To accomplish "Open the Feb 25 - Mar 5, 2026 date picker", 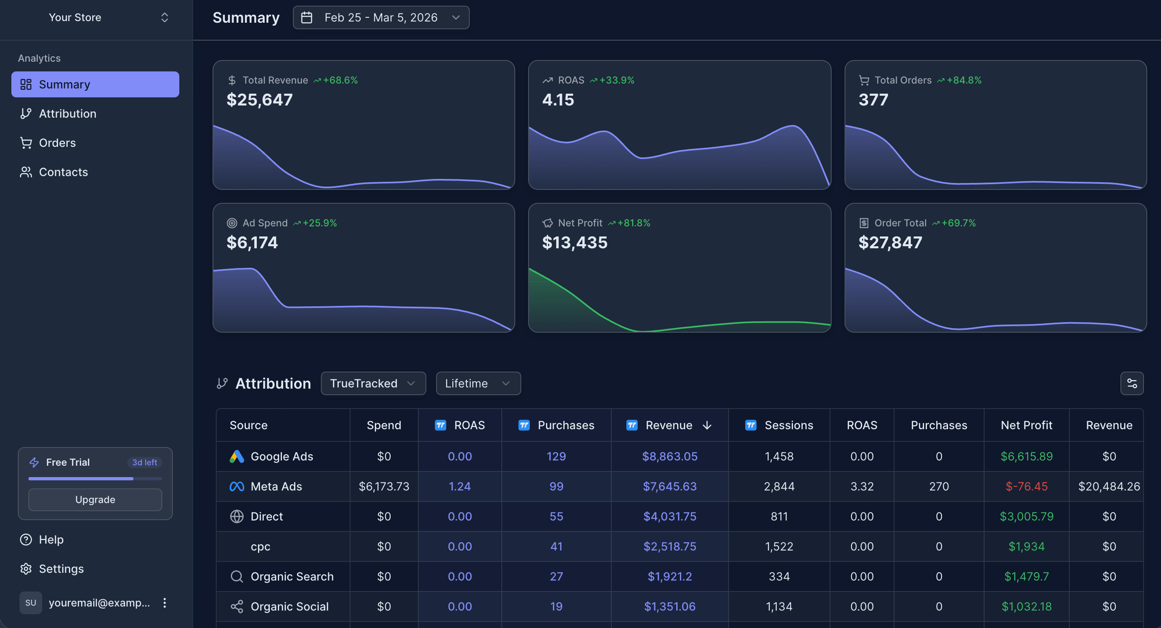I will (x=381, y=17).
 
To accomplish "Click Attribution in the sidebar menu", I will (x=67, y=114).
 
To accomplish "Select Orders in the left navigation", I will (x=57, y=143).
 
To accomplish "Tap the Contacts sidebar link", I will (x=63, y=172).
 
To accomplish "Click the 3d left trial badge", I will (x=144, y=462).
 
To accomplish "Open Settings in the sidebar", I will (x=61, y=569).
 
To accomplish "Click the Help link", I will (x=51, y=540).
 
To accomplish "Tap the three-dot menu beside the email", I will (x=165, y=603).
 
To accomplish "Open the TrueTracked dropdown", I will (x=373, y=383).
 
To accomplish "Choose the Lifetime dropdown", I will (x=478, y=383).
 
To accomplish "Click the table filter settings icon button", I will (x=1131, y=383).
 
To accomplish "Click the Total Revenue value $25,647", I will (x=260, y=100).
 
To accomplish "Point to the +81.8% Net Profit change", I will (x=633, y=223).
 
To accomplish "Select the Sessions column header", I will (x=788, y=425).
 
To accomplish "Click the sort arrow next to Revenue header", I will (x=707, y=425).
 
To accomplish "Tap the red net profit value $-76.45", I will (x=1026, y=486).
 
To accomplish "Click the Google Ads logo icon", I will (x=236, y=456).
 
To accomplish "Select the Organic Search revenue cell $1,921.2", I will (x=669, y=576).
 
